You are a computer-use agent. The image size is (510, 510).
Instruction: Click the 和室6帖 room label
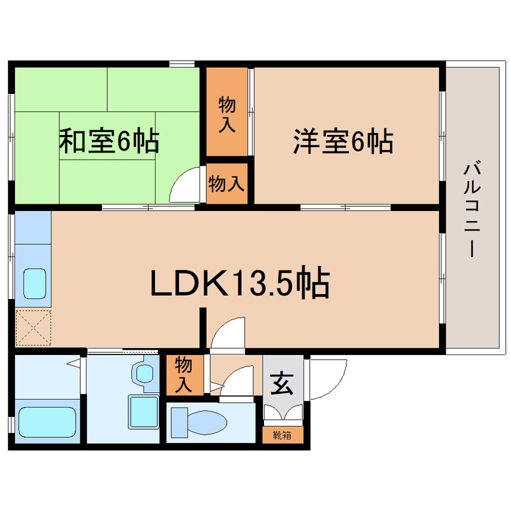(109, 142)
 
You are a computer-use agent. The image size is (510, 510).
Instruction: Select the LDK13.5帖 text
(239, 283)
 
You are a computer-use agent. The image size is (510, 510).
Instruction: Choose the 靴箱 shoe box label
(282, 435)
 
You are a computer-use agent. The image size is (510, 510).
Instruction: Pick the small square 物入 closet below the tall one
(227, 184)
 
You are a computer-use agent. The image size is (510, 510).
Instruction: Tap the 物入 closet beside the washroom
(184, 374)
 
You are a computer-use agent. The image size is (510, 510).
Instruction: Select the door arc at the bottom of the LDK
(228, 333)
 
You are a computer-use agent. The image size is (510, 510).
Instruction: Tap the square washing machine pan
(143, 412)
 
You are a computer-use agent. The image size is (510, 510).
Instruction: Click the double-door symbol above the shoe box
(283, 413)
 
